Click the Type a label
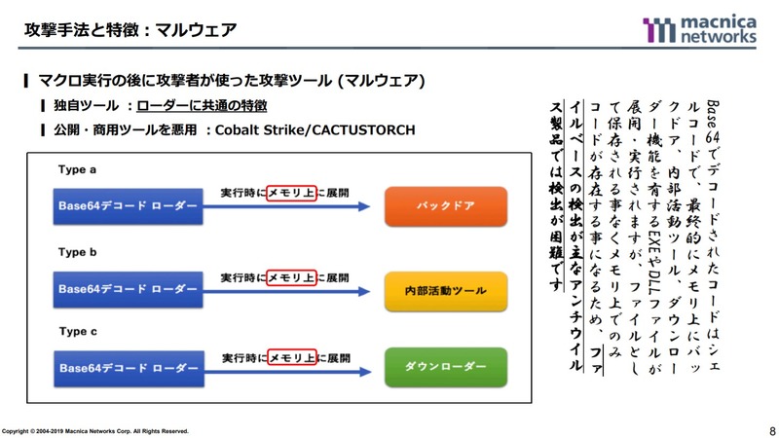(78, 169)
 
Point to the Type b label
(78, 252)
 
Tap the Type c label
(78, 331)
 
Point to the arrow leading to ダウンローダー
(292, 368)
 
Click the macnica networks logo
(699, 29)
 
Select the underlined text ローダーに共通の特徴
(202, 105)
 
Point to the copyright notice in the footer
(95, 430)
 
